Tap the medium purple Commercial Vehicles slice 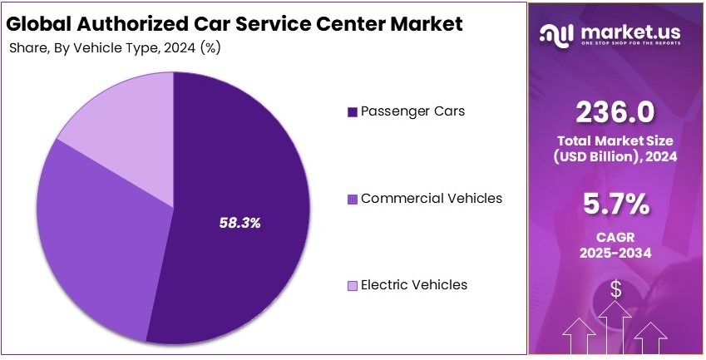pos(100,233)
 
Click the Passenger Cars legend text pos(412,111)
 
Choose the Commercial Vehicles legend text pos(431,198)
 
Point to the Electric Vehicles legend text pos(413,285)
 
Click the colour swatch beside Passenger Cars pos(352,111)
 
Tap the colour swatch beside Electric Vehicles pos(352,286)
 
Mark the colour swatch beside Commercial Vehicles pos(352,199)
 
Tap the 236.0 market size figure pos(616,111)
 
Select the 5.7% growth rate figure pos(616,204)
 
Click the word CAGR pos(616,237)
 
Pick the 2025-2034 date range pos(616,253)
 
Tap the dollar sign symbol pos(616,289)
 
